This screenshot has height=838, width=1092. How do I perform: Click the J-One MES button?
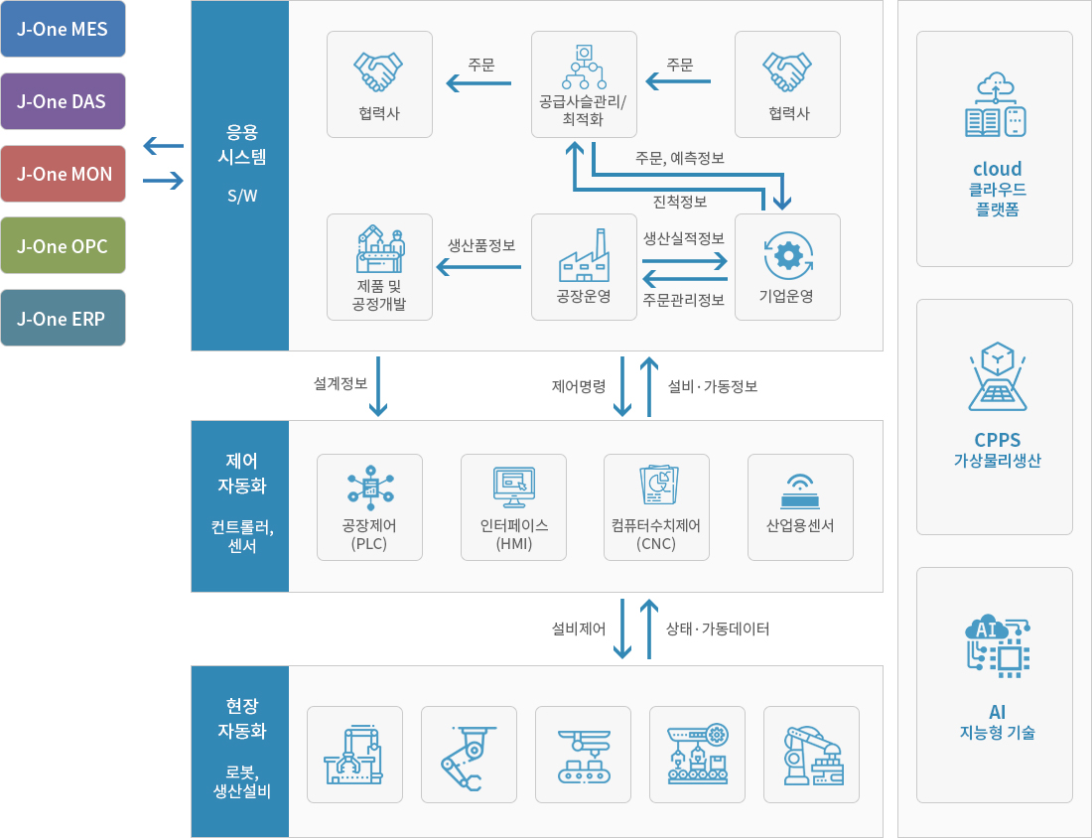pos(63,29)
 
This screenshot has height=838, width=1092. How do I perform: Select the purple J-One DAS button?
pos(63,101)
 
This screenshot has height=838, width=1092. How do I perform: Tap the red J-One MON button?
pos(63,174)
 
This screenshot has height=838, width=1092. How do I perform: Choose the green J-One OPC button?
pos(63,245)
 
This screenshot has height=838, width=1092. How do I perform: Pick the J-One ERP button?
pos(63,318)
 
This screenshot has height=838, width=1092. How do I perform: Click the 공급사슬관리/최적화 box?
pos(584,84)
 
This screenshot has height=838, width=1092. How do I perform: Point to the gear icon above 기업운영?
pos(787,255)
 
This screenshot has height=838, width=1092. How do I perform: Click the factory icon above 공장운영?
pos(584,255)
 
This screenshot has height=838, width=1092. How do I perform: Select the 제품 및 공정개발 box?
pos(379,267)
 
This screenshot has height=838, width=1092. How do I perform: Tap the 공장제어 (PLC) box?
pos(370,507)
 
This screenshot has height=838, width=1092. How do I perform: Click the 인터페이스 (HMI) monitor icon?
pos(514,487)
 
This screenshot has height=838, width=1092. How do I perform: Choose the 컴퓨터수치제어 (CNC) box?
pos(657,507)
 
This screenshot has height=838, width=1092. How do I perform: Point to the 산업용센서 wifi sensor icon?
pos(800,491)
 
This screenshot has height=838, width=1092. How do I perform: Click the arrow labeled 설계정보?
pos(378,386)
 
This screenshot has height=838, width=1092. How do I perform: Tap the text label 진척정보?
pos(680,202)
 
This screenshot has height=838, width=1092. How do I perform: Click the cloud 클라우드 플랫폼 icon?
pos(995,104)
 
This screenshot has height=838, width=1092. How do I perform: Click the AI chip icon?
pos(998,645)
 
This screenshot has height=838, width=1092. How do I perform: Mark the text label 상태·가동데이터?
pos(718,629)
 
